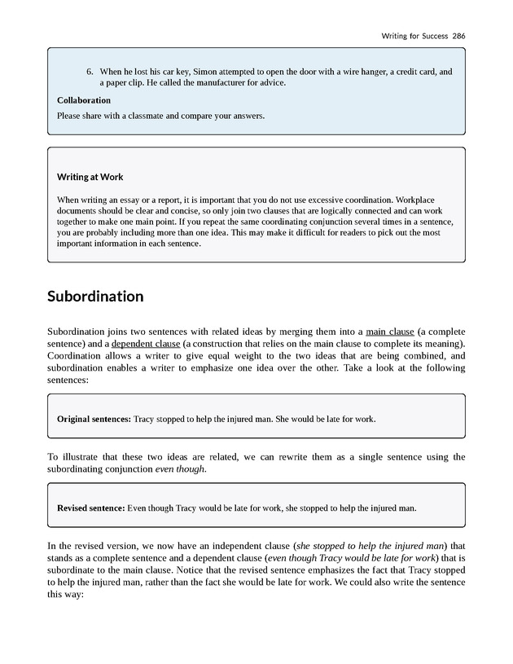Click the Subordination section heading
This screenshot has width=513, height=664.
95,296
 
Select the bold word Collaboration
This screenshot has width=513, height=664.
84,100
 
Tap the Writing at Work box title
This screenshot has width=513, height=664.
90,177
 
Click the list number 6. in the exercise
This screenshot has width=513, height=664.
90,72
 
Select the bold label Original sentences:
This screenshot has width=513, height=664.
94,419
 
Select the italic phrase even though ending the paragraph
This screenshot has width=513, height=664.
180,469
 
